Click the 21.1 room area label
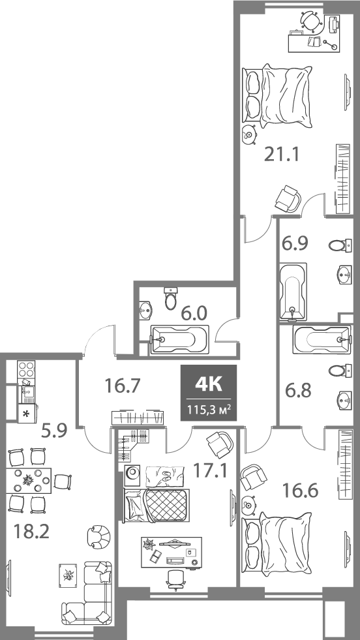[281, 155]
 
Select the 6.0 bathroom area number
[194, 313]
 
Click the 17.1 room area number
[209, 469]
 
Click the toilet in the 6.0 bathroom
[171, 299]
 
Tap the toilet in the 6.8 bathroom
[338, 371]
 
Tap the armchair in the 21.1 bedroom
[288, 198]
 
